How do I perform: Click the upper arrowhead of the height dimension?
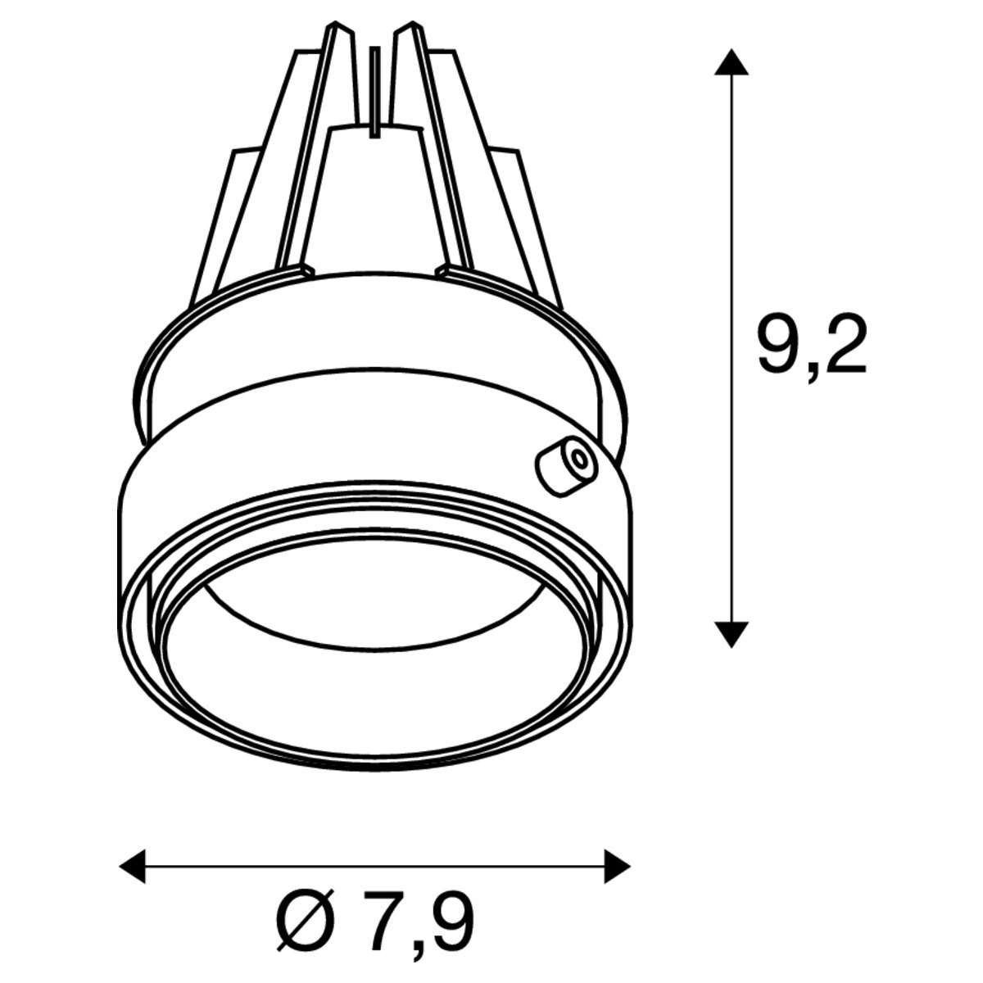point(731,61)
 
